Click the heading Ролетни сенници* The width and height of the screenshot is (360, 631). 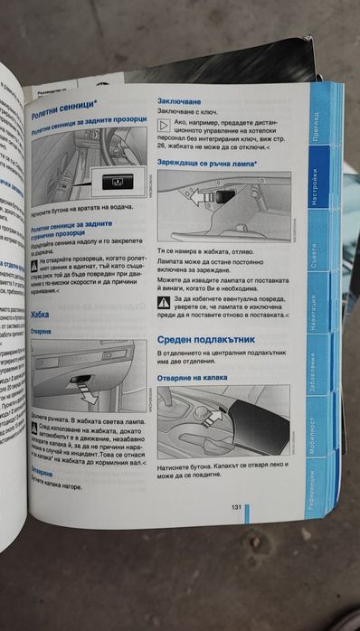point(65,115)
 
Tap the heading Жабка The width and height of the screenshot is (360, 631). point(41,315)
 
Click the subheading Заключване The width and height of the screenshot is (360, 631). point(179,101)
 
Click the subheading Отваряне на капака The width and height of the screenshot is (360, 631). point(194,378)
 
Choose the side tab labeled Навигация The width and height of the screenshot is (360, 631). point(312,313)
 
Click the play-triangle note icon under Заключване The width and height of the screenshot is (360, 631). point(165,125)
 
